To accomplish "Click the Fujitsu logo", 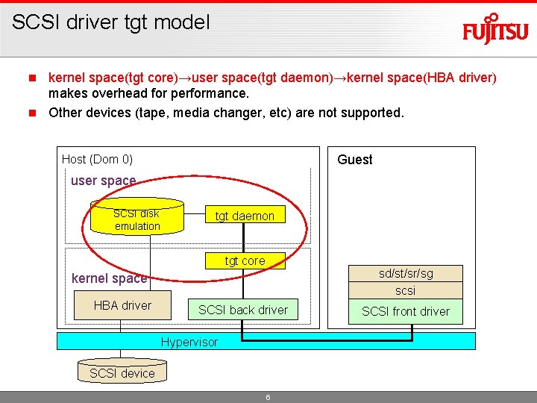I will (495, 29).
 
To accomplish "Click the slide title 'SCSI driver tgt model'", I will (111, 22).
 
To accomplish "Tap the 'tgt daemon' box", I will (245, 216).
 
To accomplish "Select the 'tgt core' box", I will (245, 260).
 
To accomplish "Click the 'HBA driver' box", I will (122, 305).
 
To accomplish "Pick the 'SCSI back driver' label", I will (243, 310).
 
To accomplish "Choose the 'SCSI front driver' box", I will (406, 311).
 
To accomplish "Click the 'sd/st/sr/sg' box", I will (406, 273).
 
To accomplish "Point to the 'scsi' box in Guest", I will (406, 290).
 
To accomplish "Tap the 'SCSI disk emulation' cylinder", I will (137, 219).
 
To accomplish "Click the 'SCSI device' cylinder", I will (122, 372).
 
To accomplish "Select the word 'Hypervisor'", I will (189, 342).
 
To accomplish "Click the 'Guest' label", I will (355, 160).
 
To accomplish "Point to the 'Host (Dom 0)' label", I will (97, 159).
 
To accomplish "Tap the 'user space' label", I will (103, 181).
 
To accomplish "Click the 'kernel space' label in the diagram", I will (109, 278).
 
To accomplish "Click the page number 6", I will (268, 397).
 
